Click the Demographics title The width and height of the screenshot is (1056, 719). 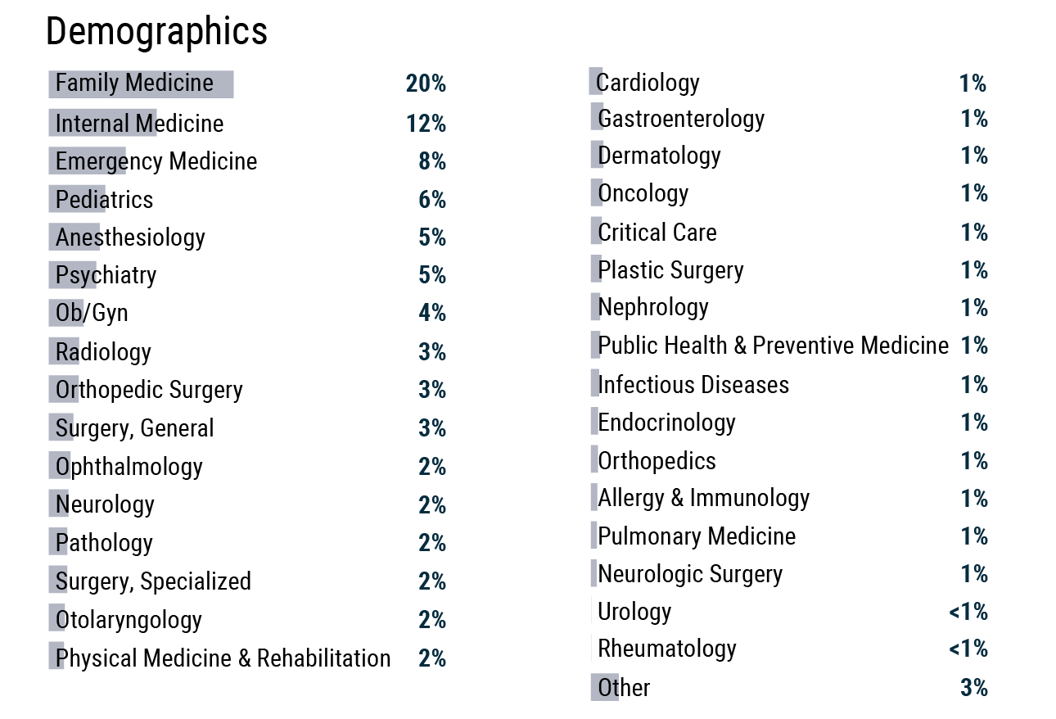tap(156, 32)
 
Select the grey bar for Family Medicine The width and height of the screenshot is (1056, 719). tap(141, 84)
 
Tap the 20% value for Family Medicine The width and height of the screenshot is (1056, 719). tap(426, 84)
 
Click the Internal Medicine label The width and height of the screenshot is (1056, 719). tap(139, 124)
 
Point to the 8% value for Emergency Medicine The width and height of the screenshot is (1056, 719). tap(432, 161)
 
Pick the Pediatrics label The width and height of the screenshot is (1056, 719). tap(104, 200)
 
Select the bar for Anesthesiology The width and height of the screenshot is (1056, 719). tap(74, 237)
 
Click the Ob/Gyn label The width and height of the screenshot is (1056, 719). tap(92, 314)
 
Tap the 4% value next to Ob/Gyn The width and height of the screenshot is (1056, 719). tap(432, 314)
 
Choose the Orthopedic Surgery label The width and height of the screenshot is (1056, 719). tap(149, 390)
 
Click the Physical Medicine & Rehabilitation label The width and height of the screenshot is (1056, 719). tap(223, 658)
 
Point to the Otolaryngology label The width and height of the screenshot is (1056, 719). tap(129, 620)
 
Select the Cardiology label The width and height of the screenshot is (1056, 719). tap(648, 83)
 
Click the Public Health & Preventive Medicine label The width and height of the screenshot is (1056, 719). tap(773, 346)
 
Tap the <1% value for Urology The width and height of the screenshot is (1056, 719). tap(968, 612)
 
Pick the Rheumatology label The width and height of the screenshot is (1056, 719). tap(667, 649)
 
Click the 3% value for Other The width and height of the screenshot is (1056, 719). tap(974, 688)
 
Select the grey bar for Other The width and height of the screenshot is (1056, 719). tap(604, 688)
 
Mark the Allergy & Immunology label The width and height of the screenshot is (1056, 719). tap(703, 498)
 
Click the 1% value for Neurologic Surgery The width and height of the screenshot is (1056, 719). tap(974, 574)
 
